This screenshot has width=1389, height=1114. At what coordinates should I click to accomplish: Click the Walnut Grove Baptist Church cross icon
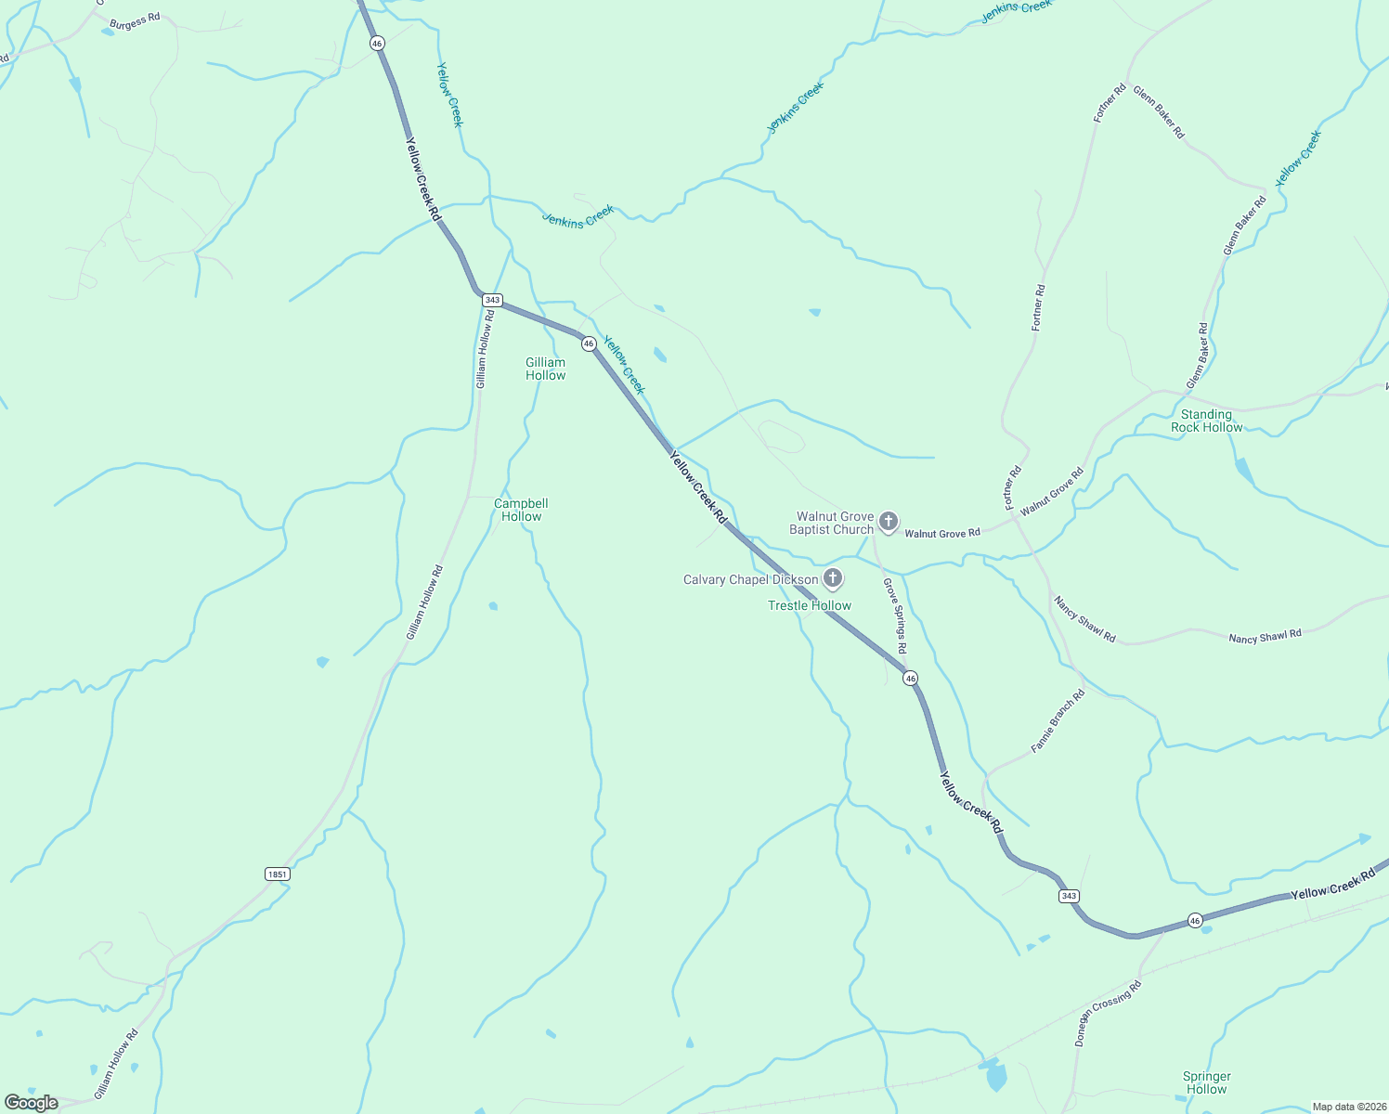coord(888,522)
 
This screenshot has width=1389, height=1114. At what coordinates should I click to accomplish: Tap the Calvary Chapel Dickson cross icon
coord(833,579)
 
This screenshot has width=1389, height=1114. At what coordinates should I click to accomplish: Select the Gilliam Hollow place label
coord(545,369)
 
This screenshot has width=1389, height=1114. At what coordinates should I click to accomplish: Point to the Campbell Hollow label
coord(521,511)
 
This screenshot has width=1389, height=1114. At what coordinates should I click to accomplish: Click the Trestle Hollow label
coord(810,606)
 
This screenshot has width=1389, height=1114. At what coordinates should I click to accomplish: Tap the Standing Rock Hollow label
coord(1206,421)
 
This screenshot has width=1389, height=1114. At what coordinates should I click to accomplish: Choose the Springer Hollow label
coord(1206,1083)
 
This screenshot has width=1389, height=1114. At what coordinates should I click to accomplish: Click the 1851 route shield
coord(277,874)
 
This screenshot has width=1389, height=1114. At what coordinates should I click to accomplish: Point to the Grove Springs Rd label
coord(894,615)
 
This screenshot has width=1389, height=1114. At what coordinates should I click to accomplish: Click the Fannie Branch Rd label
coord(1058,721)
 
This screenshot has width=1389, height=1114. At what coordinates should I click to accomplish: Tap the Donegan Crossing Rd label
coord(1108,1013)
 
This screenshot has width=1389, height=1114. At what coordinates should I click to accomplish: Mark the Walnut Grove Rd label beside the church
coord(942,534)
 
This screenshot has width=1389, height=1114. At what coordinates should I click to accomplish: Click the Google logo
coord(31,1103)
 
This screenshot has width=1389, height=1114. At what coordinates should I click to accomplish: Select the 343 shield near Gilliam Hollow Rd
coord(492,300)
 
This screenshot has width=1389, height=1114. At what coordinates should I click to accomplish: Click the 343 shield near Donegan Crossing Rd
coord(1069,896)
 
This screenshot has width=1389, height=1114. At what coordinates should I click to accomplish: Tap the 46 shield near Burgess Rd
coord(376,43)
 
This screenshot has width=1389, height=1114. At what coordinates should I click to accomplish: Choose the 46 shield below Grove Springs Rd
coord(911,679)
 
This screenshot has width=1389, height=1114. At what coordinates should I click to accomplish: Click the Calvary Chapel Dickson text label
coord(750,580)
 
